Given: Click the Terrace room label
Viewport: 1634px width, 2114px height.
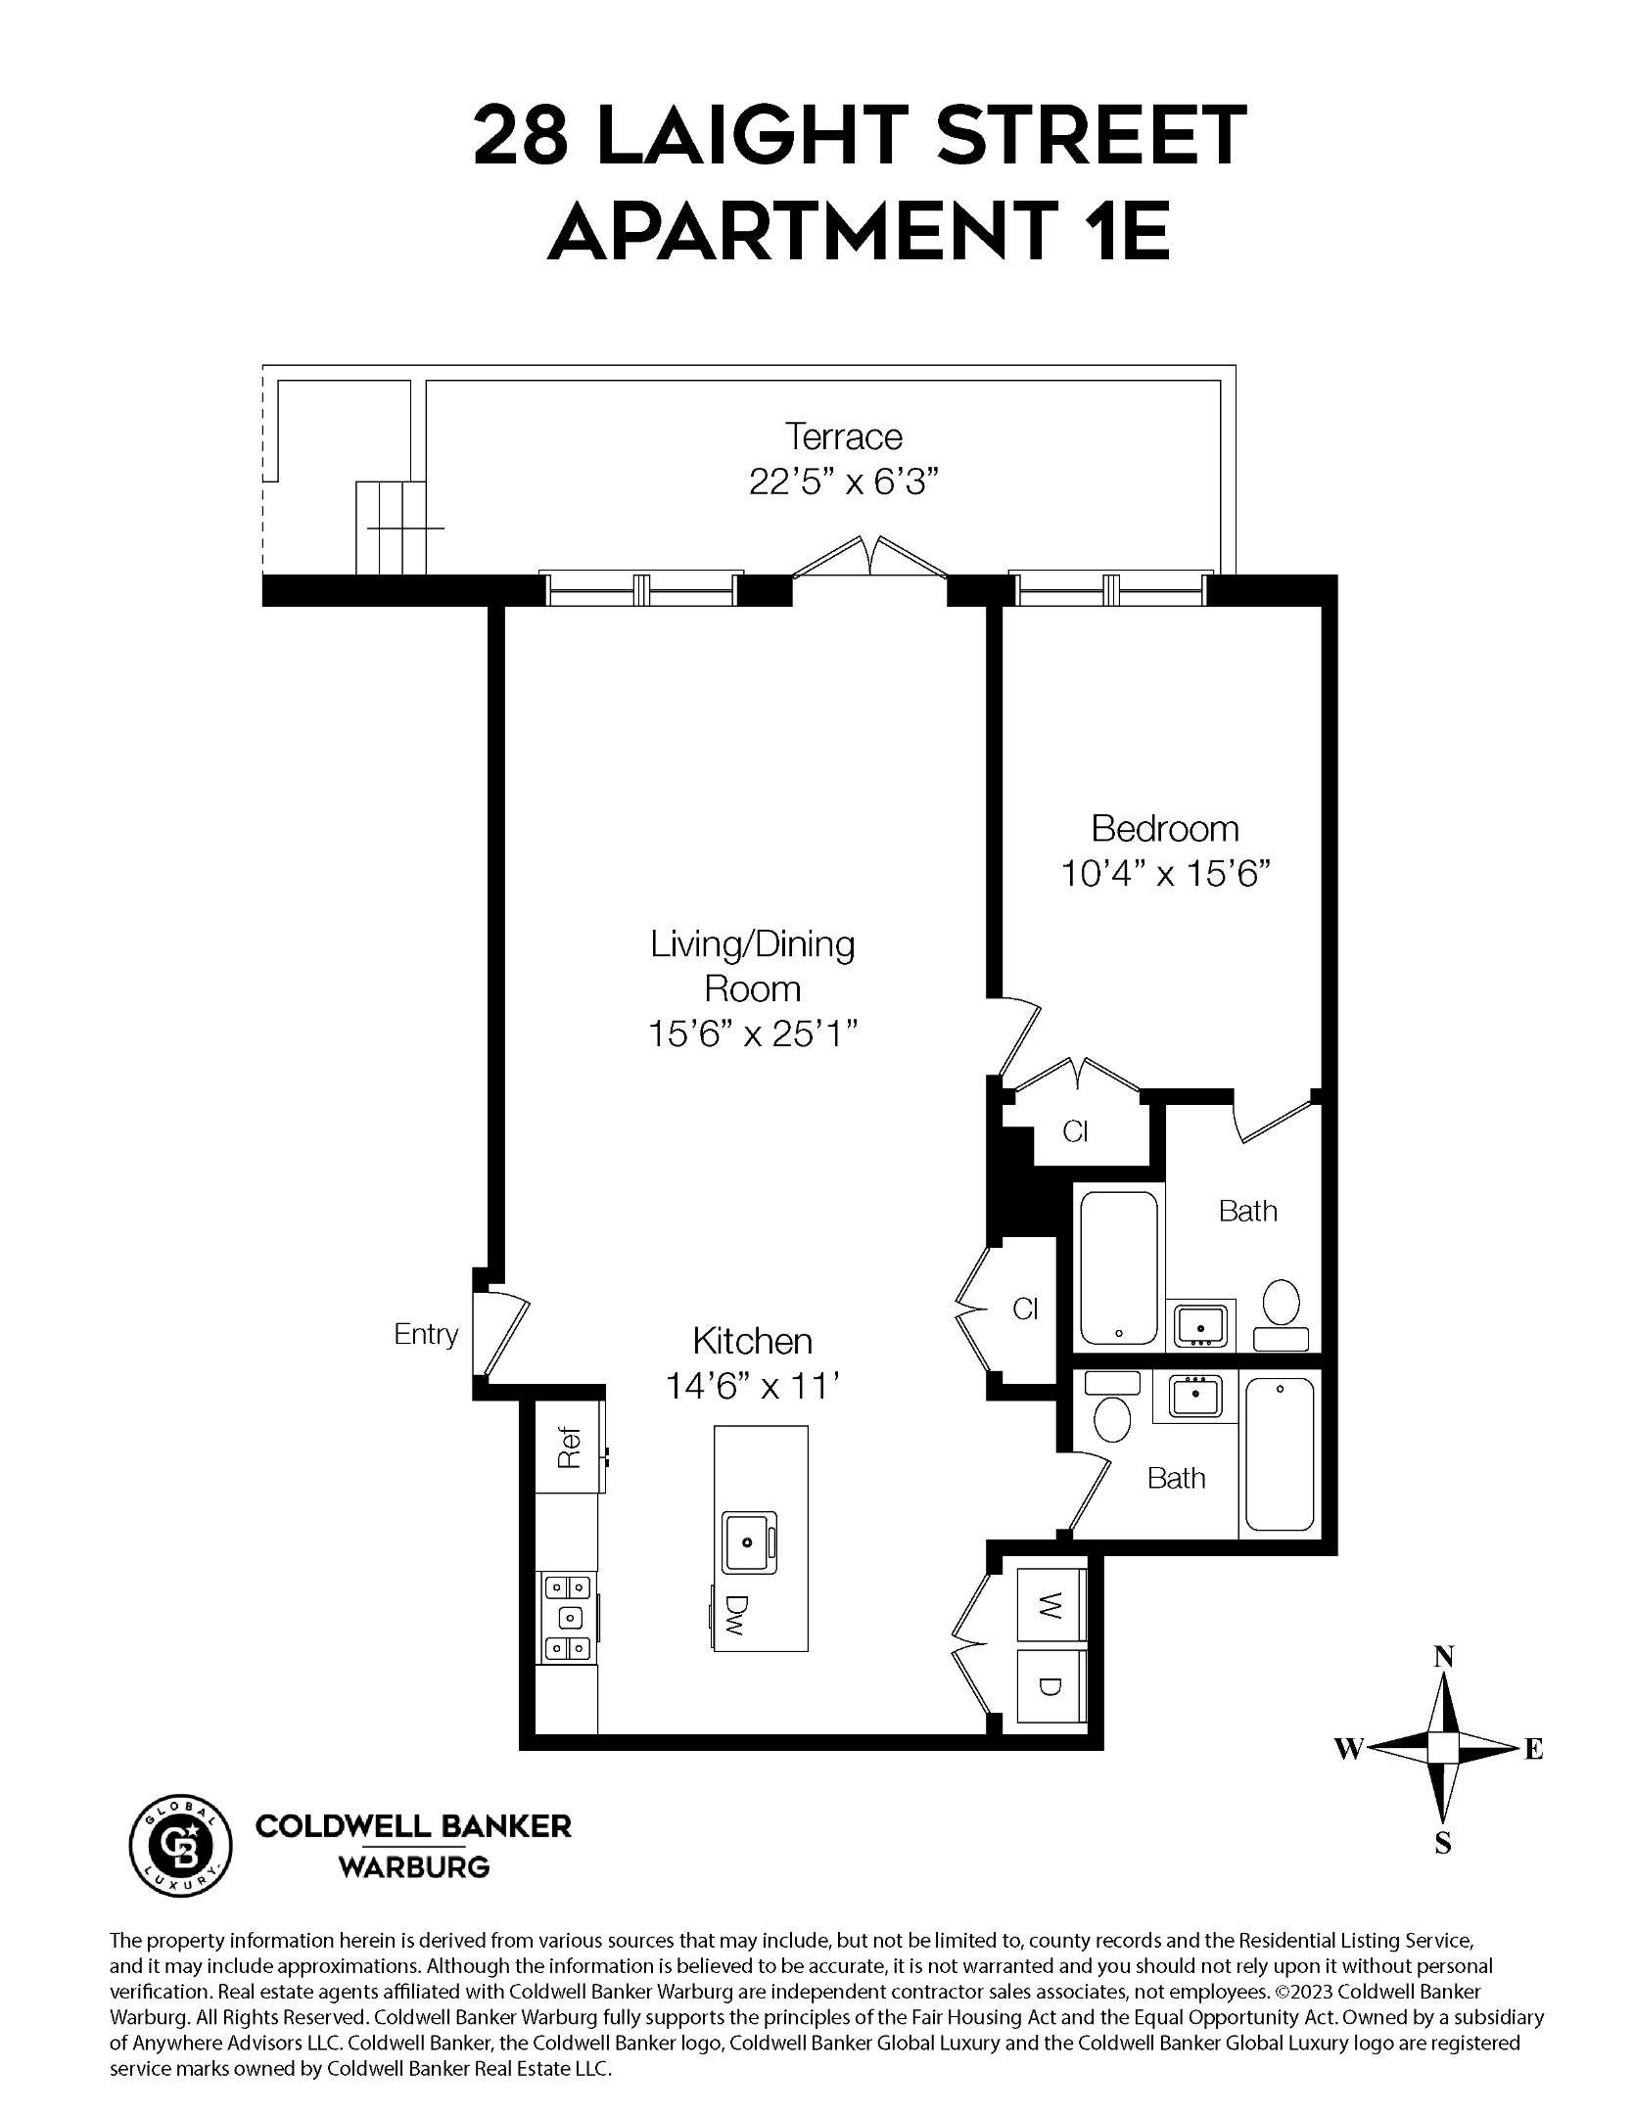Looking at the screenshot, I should (x=843, y=437).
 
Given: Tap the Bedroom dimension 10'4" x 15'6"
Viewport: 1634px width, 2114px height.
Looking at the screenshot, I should (x=1165, y=873).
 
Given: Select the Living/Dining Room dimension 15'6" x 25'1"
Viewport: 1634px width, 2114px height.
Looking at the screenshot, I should (x=753, y=1034).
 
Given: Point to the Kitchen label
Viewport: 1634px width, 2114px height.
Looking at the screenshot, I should (x=752, y=1340).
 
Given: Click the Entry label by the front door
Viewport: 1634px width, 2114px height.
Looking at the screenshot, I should (x=426, y=1334).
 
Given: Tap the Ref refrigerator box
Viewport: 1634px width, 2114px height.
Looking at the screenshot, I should (x=568, y=1449).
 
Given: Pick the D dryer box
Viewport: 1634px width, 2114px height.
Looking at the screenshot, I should (x=1050, y=1686).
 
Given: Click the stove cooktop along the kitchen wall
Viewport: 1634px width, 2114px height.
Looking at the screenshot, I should (x=567, y=1618).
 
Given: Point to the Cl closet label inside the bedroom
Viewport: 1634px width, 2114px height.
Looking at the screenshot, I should (x=1075, y=1131).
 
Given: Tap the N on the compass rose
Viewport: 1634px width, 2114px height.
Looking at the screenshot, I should (x=1443, y=1657).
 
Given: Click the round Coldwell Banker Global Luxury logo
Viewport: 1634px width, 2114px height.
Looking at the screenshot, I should (x=181, y=1846).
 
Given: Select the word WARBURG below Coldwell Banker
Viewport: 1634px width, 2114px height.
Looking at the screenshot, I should (x=413, y=1867).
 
